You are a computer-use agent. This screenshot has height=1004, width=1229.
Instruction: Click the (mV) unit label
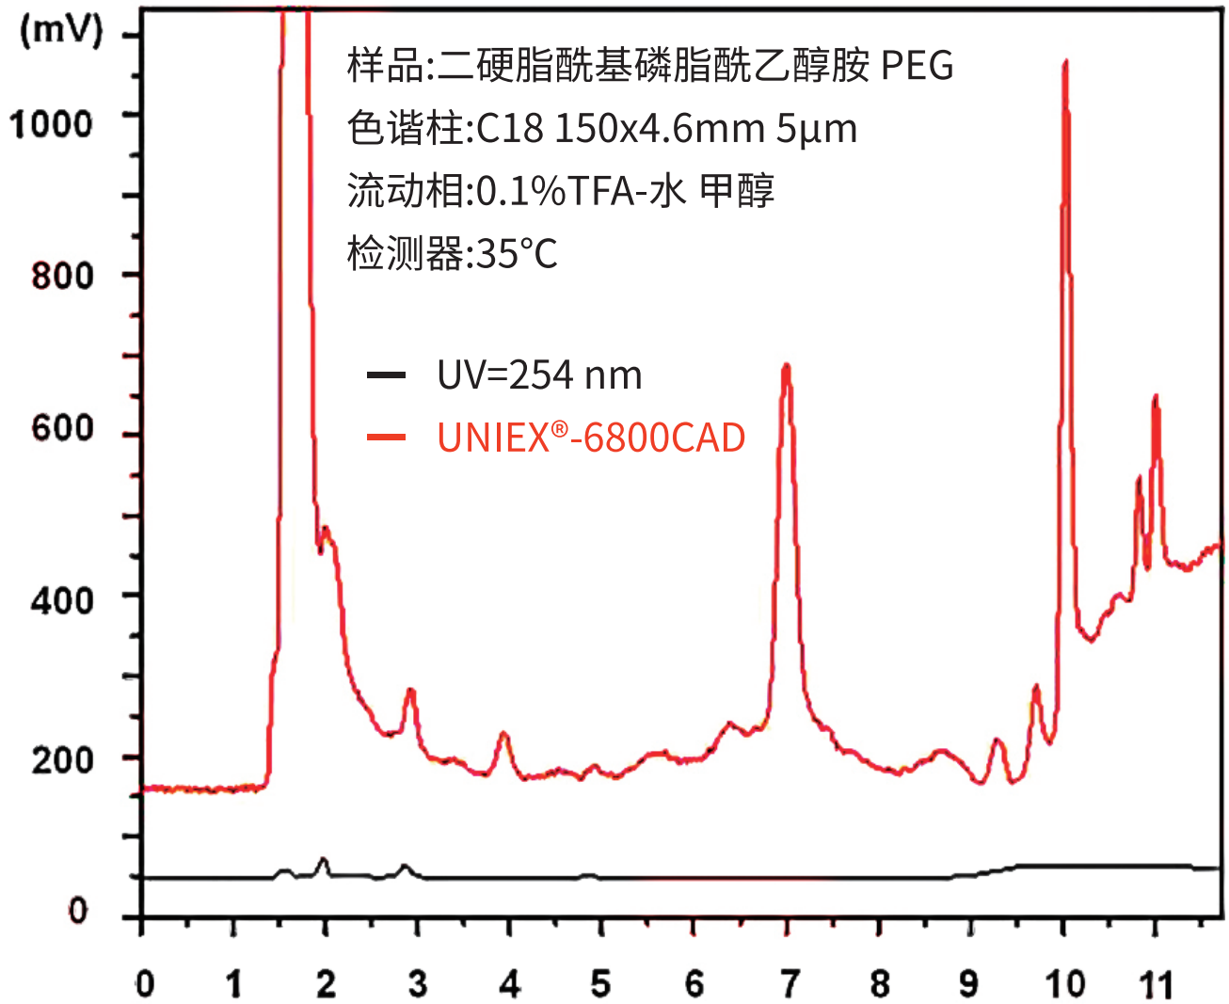click(x=61, y=30)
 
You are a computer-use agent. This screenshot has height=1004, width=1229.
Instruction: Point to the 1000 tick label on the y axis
click(x=51, y=123)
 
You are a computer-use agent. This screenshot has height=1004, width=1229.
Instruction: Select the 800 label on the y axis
click(x=62, y=276)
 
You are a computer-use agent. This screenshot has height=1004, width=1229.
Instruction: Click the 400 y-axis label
click(x=62, y=599)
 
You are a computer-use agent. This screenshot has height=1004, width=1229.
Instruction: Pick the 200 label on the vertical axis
click(x=62, y=759)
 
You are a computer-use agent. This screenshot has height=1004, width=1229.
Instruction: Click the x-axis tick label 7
click(x=789, y=984)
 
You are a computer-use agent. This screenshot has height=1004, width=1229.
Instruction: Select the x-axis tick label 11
click(x=1157, y=984)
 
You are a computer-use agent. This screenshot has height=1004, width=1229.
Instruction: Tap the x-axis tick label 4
click(x=510, y=984)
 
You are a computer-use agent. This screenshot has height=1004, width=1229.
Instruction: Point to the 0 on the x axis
click(x=144, y=984)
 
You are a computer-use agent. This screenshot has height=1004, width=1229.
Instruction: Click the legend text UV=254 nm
click(x=539, y=375)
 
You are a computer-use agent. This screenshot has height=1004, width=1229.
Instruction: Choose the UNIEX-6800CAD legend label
click(x=591, y=438)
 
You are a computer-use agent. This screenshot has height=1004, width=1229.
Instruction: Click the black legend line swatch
click(x=386, y=375)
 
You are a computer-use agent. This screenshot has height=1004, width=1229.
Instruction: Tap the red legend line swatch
click(x=386, y=437)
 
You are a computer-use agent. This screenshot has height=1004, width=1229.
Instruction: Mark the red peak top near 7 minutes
click(x=787, y=366)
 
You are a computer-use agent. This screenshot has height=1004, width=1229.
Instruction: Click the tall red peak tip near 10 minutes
click(x=1065, y=63)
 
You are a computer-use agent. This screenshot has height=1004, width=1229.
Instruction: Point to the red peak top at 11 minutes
click(x=1156, y=398)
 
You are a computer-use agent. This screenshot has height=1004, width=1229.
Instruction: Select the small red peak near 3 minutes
click(x=410, y=691)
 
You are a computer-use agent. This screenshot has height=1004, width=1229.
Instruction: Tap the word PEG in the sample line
click(x=917, y=66)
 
